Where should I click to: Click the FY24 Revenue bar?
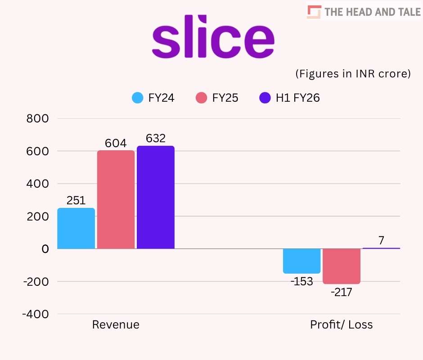pos(76,228)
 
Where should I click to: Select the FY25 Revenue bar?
pos(116,199)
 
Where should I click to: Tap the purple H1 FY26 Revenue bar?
pos(156,197)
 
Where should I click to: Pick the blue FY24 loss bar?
pos(302,261)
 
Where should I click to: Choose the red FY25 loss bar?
pos(342,266)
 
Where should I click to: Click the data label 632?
pos(156,139)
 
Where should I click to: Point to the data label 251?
pos(76,201)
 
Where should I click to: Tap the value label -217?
pos(341,292)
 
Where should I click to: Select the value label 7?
pos(381,241)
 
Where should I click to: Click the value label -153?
pos(301,282)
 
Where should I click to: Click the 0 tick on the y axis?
pos(45,249)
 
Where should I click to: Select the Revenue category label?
pos(116,325)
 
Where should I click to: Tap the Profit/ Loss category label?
pos(342,325)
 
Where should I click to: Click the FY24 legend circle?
pos(138,98)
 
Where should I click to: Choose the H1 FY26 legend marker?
pos(265,98)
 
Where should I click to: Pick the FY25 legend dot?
pos(202,98)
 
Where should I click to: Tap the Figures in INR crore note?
pos(353,74)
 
